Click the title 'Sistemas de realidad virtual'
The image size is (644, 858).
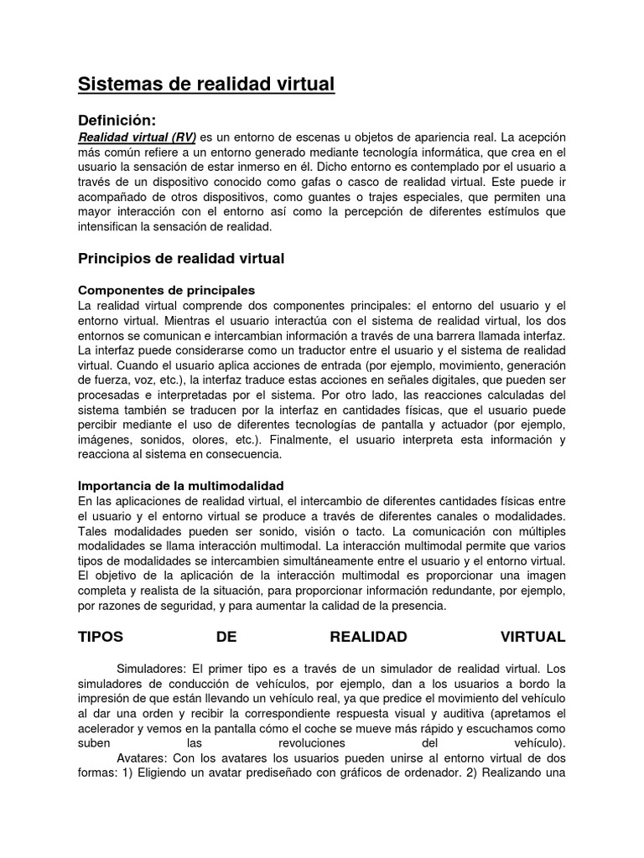point(206,85)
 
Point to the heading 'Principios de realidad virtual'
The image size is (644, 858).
point(181,259)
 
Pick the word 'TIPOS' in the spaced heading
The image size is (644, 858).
point(101,638)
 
